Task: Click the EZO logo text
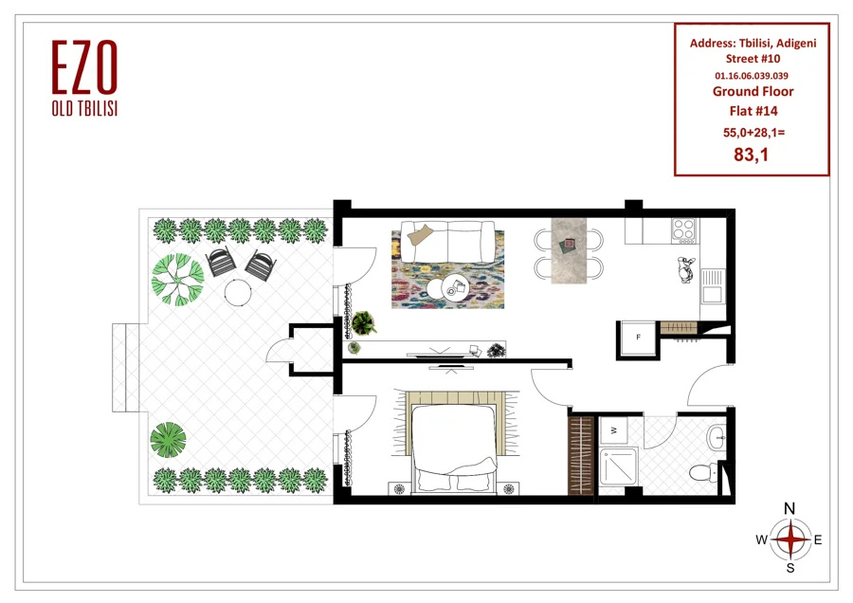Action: click(85, 66)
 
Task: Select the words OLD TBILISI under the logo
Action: click(85, 108)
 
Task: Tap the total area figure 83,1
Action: click(752, 155)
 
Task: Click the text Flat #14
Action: click(753, 111)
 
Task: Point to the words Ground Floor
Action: click(753, 91)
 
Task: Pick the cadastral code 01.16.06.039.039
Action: click(752, 76)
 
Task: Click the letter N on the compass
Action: click(789, 508)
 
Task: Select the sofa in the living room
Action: click(447, 242)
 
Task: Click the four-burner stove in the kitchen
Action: click(685, 230)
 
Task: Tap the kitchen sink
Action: click(712, 286)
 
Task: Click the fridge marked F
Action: click(639, 338)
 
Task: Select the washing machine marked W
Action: click(613, 430)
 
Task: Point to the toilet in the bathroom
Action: click(704, 471)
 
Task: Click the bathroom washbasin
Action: click(717, 437)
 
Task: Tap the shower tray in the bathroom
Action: click(619, 466)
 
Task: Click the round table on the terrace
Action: click(238, 292)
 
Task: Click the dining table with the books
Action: click(569, 251)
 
